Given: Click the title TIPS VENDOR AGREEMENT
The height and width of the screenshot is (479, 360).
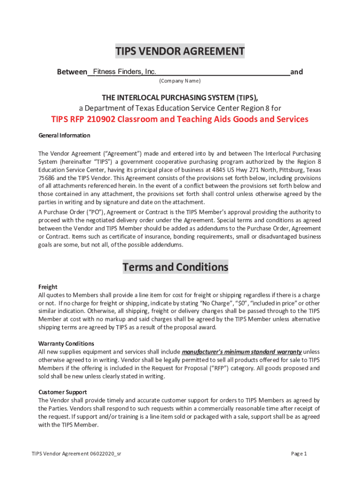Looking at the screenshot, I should coord(180,51).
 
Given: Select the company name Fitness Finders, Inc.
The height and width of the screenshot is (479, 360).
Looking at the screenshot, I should coord(124,72).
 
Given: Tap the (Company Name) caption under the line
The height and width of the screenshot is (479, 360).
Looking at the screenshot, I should coord(180,81).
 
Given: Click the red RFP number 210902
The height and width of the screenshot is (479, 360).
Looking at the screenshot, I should coord(99,119).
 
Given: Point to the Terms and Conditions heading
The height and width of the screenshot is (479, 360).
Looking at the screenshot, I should coord(175,267).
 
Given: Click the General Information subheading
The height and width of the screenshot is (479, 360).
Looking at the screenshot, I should coord(64,136).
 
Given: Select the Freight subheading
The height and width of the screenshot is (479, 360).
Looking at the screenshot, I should coord(48,287).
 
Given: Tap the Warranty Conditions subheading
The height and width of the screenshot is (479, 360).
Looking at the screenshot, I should coord(66,343).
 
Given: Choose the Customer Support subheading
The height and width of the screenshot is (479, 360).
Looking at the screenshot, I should coord(63,392).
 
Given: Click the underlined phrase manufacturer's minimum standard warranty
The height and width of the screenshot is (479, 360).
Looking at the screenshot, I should coord(241,352).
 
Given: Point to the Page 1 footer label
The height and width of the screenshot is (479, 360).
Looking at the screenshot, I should coord(299,454).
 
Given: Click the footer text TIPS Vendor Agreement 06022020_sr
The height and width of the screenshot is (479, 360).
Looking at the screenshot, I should coord(77,454).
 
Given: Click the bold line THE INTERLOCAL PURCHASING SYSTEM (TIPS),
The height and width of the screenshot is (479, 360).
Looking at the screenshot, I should coord(180,97).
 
